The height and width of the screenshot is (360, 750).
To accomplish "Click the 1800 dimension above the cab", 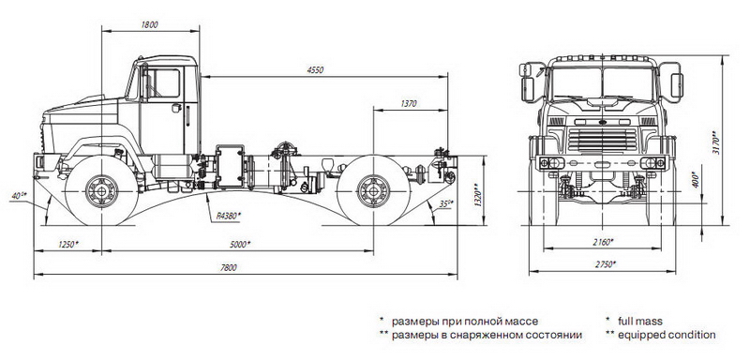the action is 150,25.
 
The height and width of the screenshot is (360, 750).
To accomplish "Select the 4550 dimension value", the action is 315,69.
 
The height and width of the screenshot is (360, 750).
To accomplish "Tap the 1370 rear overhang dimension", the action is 410,103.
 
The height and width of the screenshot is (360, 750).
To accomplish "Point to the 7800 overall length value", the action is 229,268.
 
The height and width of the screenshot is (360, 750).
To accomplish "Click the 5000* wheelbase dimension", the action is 240,245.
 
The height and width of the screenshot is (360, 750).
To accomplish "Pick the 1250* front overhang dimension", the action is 68,245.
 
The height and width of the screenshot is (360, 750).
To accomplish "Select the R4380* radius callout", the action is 228,217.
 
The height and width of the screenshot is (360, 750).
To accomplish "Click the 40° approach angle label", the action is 20,196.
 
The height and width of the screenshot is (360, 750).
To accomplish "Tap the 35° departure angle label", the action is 446,203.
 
